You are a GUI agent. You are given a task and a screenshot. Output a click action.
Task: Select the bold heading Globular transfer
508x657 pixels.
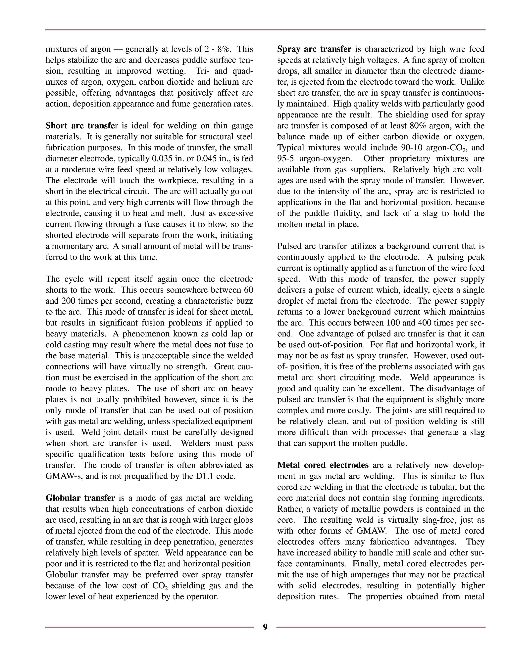click(x=80, y=498)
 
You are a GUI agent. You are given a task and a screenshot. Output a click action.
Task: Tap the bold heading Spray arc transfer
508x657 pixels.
click(x=314, y=49)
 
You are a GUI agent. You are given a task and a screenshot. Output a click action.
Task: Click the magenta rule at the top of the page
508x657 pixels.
click(x=265, y=30)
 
